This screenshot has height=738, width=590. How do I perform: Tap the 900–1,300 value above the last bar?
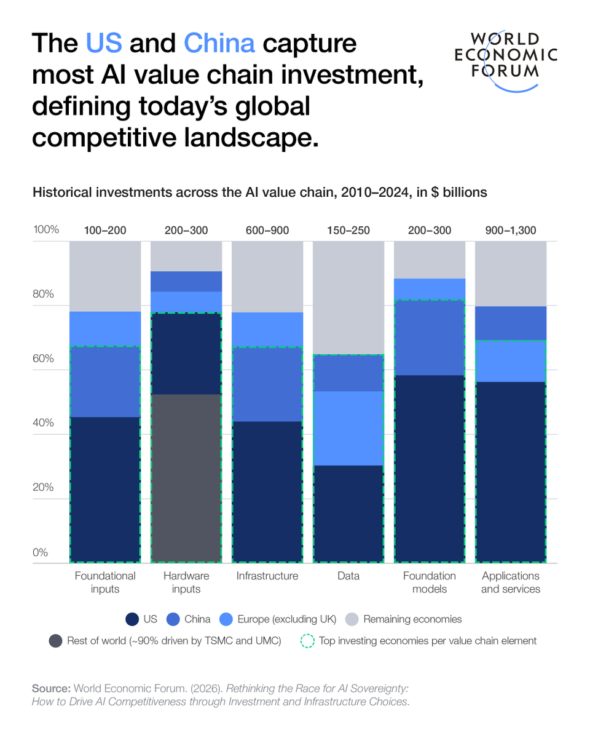pyautogui.click(x=510, y=231)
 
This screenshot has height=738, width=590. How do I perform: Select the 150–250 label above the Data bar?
pyautogui.click(x=348, y=231)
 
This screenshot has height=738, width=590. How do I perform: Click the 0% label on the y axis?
pyautogui.click(x=41, y=552)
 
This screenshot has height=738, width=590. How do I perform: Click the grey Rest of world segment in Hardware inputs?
pyautogui.click(x=186, y=478)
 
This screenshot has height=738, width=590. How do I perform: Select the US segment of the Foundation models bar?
pyautogui.click(x=429, y=468)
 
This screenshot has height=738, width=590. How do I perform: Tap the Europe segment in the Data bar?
pyautogui.click(x=348, y=428)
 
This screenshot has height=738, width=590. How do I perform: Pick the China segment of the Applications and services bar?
pyautogui.click(x=510, y=323)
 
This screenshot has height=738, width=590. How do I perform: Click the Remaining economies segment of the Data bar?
pyautogui.click(x=348, y=298)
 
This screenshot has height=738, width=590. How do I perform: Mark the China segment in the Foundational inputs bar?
pyautogui.click(x=105, y=382)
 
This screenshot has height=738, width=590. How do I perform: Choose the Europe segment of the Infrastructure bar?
pyautogui.click(x=267, y=330)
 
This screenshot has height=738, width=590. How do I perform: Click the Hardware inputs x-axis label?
pyautogui.click(x=186, y=582)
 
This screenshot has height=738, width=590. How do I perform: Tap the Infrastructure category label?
pyautogui.click(x=267, y=576)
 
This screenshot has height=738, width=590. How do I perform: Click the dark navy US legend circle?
pyautogui.click(x=132, y=619)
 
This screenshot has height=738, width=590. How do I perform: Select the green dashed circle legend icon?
pyautogui.click(x=307, y=641)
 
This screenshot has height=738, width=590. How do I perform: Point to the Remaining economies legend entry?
pyautogui.click(x=404, y=619)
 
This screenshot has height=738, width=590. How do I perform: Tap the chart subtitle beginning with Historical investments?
pyautogui.click(x=259, y=192)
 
